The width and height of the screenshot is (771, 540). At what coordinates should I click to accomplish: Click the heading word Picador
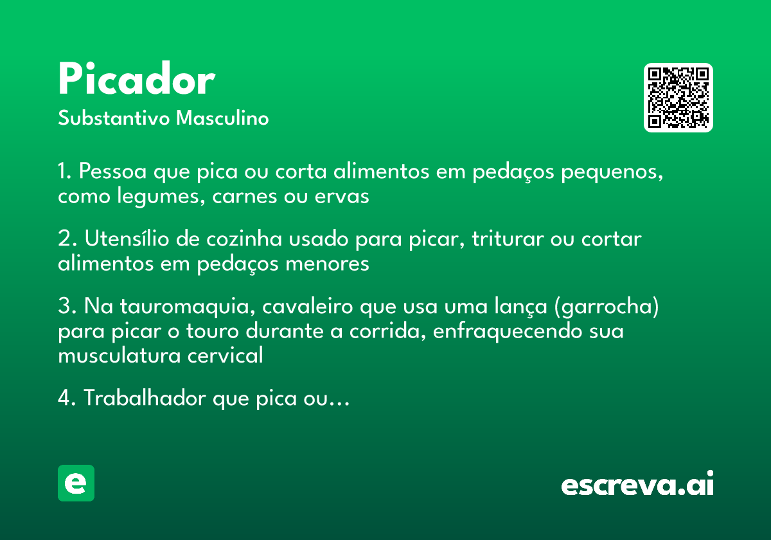(x=136, y=80)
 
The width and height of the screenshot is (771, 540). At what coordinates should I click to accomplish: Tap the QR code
(x=678, y=98)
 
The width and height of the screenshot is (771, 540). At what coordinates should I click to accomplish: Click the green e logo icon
(x=76, y=483)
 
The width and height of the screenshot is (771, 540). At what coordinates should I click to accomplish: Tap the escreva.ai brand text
(x=637, y=484)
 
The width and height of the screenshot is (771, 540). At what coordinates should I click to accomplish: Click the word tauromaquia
(x=182, y=307)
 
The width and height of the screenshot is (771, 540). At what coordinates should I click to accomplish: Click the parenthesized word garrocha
(x=605, y=307)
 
